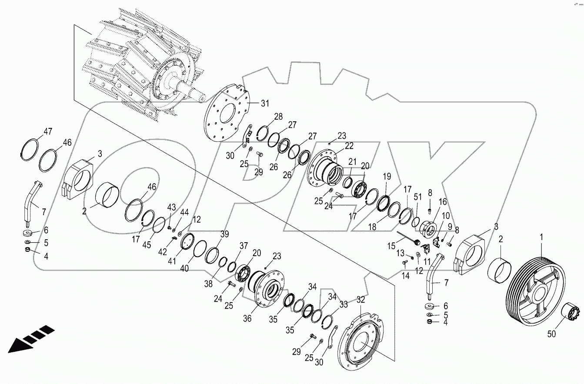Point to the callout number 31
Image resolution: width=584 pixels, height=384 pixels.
coord(265,104)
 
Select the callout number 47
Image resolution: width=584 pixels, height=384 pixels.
coord(47,130)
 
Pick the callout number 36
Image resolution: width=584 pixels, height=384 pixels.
coord(259,318)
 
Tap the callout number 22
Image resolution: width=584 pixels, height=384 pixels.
coord(349,146)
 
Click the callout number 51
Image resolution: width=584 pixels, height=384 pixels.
coord(418,197)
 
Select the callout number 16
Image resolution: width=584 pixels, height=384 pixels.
coord(442,202)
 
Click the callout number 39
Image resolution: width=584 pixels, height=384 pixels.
coord(224,234)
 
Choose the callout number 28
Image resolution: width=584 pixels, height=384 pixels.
coord(278,117)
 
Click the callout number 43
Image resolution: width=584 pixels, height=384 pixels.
coord(172,207)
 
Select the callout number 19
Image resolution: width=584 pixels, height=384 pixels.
coord(387,177)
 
